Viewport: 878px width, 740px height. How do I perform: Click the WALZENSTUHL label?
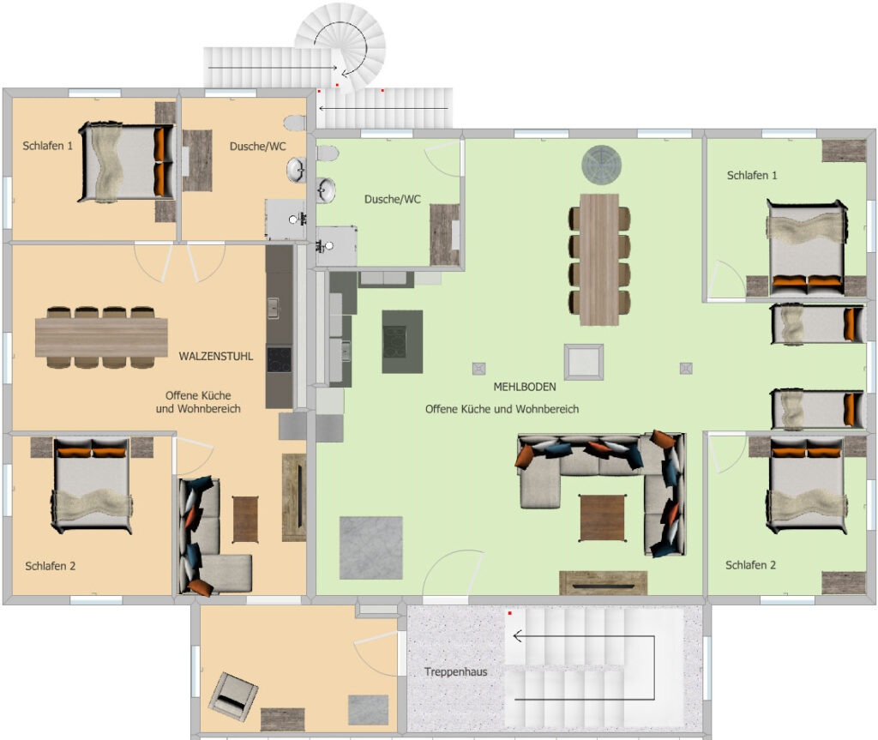click(215, 356)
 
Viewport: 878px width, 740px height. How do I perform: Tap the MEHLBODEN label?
click(525, 387)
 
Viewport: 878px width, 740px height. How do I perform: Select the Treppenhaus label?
click(456, 671)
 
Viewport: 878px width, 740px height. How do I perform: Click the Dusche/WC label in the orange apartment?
click(257, 147)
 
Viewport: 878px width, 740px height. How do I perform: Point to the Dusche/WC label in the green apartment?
click(393, 200)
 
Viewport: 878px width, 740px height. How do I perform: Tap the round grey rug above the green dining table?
click(601, 165)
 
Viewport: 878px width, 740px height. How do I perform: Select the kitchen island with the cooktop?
click(402, 342)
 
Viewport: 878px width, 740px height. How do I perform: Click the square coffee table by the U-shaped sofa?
click(602, 518)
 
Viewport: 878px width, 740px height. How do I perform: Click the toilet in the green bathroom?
click(328, 153)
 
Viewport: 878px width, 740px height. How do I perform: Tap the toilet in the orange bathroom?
click(295, 122)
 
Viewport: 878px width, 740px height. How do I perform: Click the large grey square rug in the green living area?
click(370, 548)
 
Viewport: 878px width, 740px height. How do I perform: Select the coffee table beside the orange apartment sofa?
click(245, 520)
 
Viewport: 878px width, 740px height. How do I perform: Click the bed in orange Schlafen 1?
click(126, 162)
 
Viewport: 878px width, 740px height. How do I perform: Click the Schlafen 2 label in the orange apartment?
click(51, 566)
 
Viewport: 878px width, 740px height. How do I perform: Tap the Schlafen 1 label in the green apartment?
click(752, 175)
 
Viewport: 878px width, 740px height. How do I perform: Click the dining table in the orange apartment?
click(101, 337)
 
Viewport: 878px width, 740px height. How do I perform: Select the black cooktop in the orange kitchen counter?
click(279, 359)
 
